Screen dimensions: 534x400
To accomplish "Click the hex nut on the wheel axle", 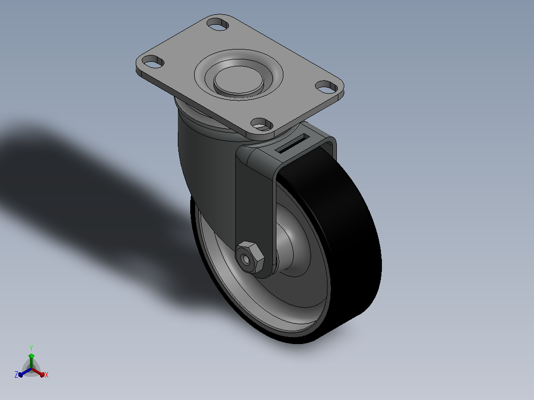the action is [250, 257].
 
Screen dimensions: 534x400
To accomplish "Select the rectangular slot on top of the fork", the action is [294, 144].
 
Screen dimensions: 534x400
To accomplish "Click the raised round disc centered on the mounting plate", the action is [239, 80].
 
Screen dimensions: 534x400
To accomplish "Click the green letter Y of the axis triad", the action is [31, 349].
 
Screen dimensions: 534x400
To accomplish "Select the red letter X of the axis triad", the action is [47, 375].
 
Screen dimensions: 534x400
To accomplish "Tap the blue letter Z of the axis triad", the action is [16, 374].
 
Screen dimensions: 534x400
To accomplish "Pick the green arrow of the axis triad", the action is [31, 360].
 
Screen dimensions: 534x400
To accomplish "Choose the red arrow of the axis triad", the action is [38, 372].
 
